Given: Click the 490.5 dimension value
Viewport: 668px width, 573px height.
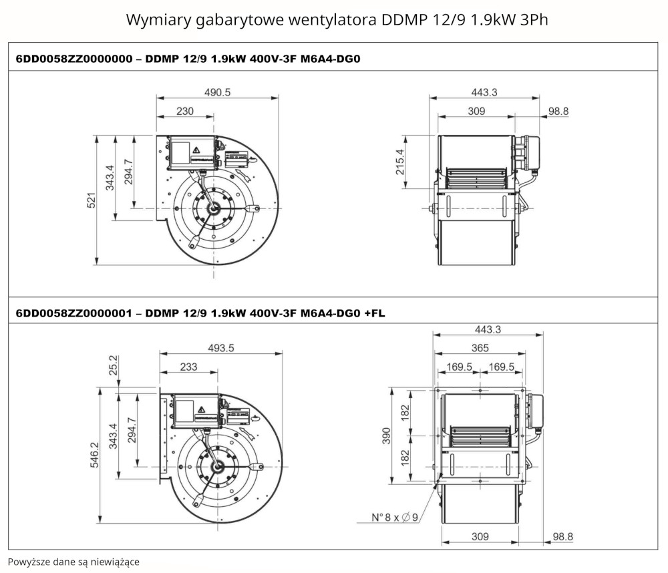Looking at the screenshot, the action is point(217,92).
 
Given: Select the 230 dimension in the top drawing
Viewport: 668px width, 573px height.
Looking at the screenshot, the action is point(185,111).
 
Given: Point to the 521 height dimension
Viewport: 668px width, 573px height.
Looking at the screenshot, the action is point(92,200).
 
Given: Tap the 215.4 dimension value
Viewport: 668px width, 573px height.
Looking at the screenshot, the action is point(400,162).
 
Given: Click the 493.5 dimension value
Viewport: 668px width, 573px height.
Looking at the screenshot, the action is point(221,348).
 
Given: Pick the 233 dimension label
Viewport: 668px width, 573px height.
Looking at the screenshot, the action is point(189,367).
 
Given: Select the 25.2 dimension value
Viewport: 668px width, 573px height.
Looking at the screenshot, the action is point(114,365).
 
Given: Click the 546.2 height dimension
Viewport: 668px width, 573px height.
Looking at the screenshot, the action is point(94,455).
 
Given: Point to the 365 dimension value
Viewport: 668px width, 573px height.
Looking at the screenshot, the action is point(480,348).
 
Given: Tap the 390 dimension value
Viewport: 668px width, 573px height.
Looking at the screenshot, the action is point(386,436).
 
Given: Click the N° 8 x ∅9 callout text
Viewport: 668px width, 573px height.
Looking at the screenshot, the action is point(395,517).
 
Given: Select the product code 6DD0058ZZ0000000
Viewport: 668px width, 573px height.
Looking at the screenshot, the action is point(74,59).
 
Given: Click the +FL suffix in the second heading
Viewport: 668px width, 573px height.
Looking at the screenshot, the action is point(375,314).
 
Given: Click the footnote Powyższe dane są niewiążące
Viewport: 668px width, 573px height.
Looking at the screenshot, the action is point(73,562).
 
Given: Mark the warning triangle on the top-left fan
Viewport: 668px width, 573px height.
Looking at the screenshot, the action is point(196,150).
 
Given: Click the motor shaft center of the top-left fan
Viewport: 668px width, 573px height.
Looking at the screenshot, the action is point(213,208).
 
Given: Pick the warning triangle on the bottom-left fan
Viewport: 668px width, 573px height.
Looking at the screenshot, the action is point(202,409).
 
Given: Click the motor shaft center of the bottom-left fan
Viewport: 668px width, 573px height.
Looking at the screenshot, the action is point(218,467).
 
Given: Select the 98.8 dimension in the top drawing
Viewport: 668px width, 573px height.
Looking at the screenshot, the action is point(558,111).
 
